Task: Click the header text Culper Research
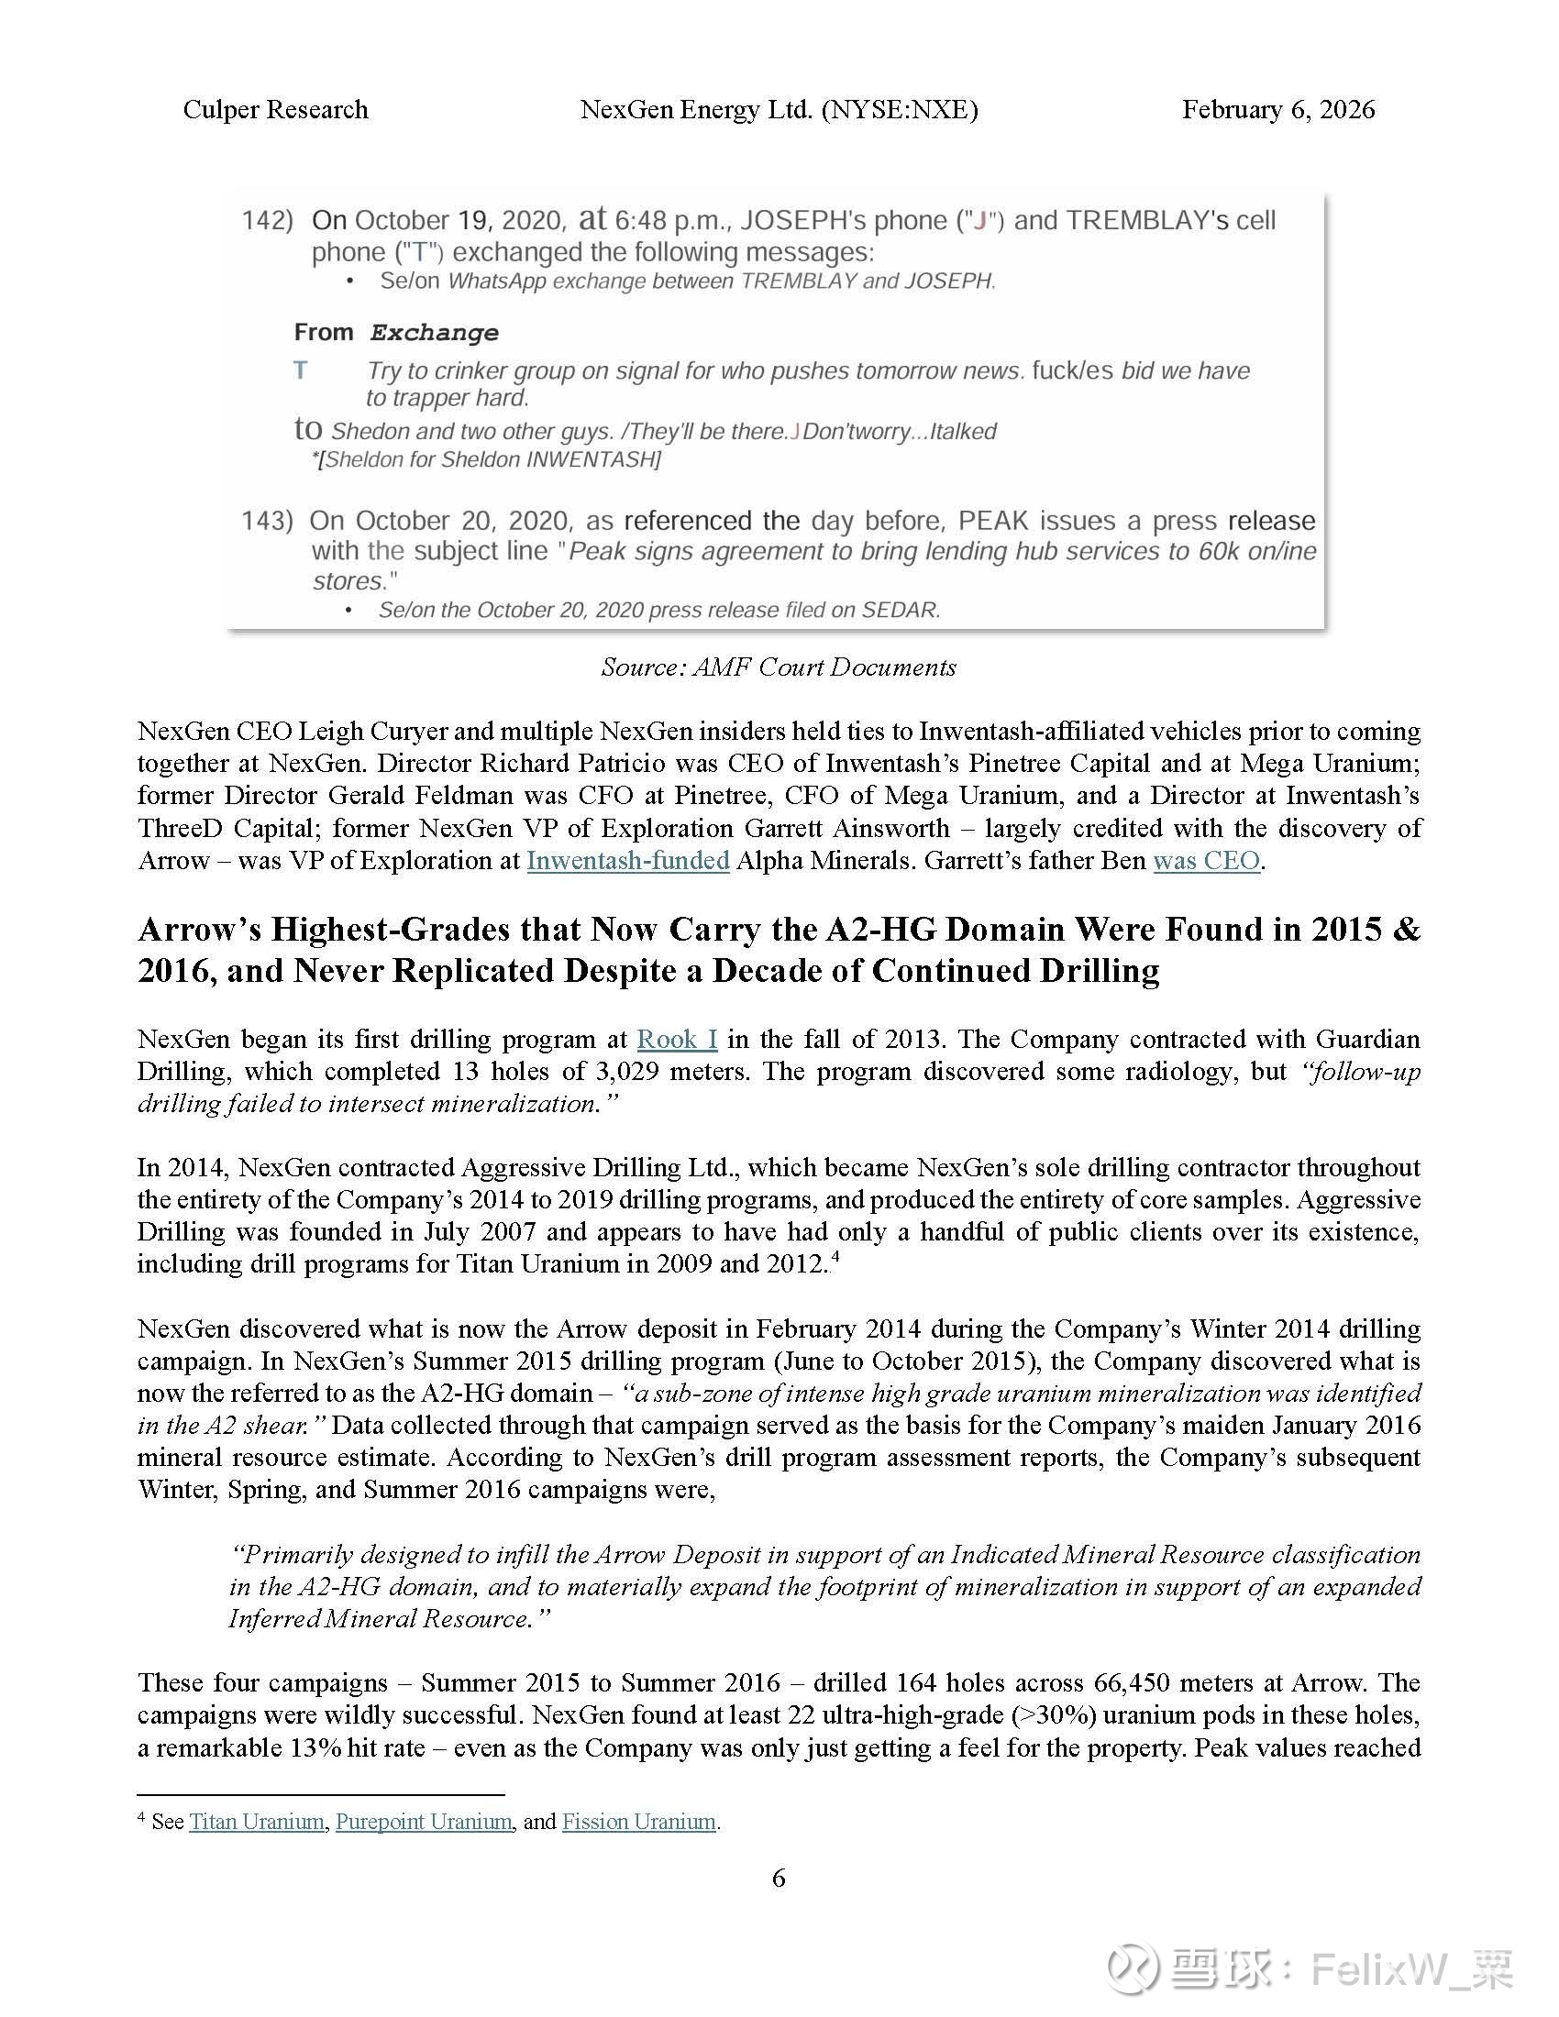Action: [275, 110]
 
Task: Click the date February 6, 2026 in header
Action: [1277, 110]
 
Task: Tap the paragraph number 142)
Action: [267, 221]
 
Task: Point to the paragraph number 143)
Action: [267, 521]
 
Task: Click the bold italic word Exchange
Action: [434, 333]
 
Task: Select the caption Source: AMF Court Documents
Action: [779, 667]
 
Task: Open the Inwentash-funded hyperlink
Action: [628, 861]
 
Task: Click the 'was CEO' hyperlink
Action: [1206, 861]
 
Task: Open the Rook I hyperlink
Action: [677, 1040]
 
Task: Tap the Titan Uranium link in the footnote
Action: [257, 1821]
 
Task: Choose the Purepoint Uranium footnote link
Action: [424, 1821]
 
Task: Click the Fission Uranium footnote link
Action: [639, 1821]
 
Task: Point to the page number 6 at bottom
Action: [779, 1878]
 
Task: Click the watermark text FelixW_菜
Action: [1413, 1967]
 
